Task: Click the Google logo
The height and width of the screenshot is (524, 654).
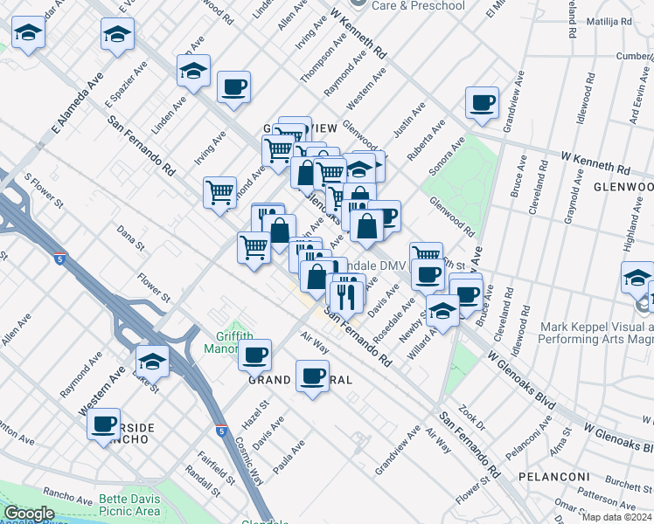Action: [29, 514]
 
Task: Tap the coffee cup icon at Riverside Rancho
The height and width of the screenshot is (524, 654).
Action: [104, 424]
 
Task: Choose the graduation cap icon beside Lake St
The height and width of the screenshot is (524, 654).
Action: [152, 361]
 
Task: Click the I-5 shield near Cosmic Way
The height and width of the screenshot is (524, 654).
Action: [221, 431]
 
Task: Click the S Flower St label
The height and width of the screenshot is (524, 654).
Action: [44, 190]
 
